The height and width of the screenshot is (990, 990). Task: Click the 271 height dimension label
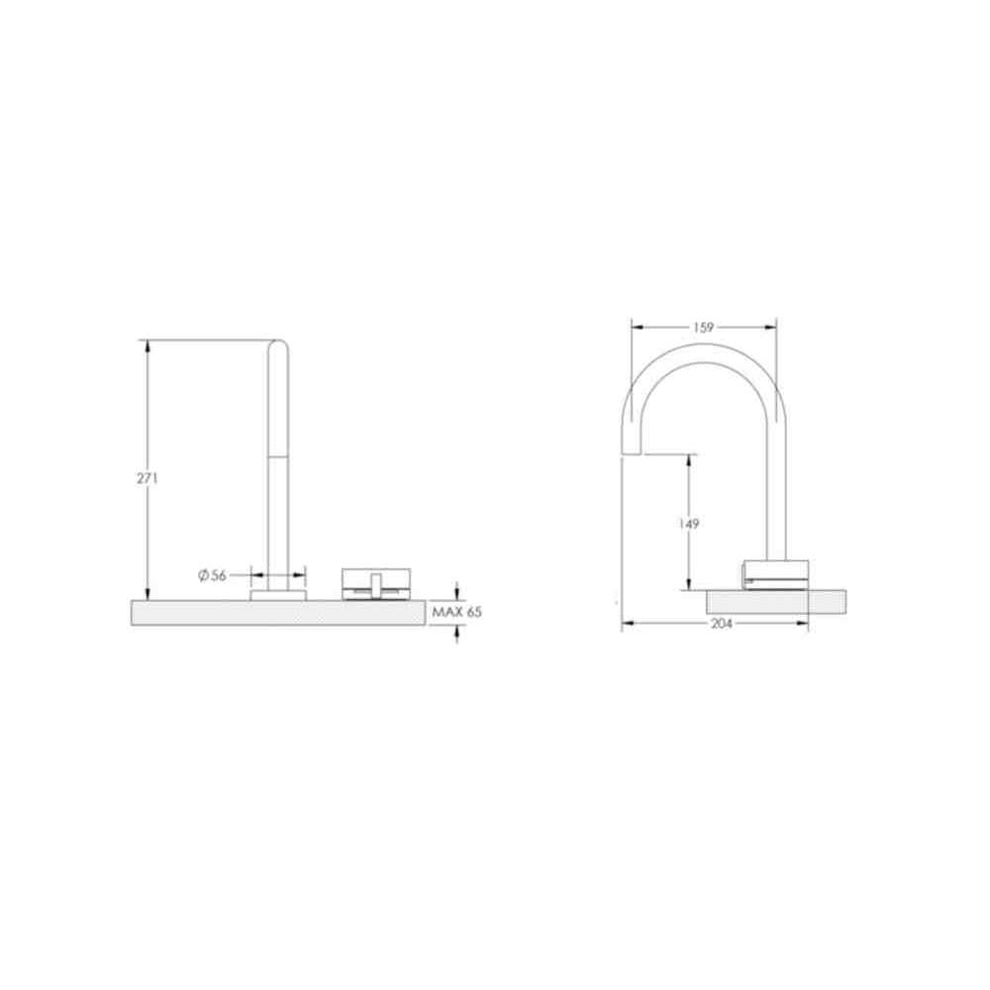pos(148,478)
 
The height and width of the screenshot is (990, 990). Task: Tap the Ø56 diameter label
pos(212,575)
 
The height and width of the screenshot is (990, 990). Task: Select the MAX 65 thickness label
pos(457,611)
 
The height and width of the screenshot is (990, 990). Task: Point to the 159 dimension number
pos(703,327)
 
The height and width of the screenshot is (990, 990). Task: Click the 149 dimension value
pos(689,524)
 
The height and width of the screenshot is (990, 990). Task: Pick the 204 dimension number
pos(722,624)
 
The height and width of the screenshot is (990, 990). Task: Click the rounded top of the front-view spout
pos(278,345)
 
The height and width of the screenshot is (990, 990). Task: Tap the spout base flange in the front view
pos(278,595)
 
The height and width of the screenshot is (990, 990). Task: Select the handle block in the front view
pos(375,584)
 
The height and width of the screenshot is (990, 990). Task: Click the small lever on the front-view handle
pos(375,585)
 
